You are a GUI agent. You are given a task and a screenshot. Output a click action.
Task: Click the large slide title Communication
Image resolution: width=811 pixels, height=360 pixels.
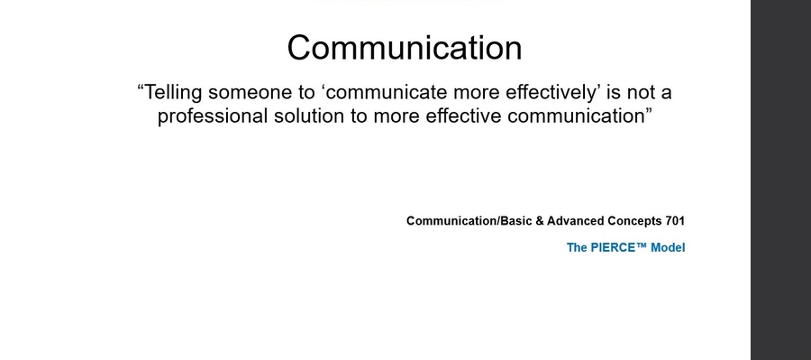[405, 48]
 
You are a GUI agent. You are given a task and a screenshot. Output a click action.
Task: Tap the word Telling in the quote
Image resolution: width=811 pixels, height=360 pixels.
[173, 93]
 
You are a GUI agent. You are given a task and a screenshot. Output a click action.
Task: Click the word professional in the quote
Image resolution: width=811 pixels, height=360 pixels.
[213, 116]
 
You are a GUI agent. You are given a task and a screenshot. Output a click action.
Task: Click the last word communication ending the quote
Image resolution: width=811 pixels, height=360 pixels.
[575, 115]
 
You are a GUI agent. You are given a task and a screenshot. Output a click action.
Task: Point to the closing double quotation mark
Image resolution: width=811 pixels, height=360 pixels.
[648, 110]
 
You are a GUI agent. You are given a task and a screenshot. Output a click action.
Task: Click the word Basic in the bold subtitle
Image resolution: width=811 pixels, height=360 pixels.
[515, 221]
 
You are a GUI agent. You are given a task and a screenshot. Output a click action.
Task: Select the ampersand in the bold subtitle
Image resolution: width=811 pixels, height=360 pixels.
[539, 221]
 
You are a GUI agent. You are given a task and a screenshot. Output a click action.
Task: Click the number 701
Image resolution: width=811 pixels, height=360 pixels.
[675, 221]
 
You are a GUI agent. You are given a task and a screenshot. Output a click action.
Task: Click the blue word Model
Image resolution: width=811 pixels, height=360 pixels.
[668, 247]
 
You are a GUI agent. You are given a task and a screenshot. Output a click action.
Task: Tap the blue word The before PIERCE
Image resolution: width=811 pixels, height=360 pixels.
[577, 247]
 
